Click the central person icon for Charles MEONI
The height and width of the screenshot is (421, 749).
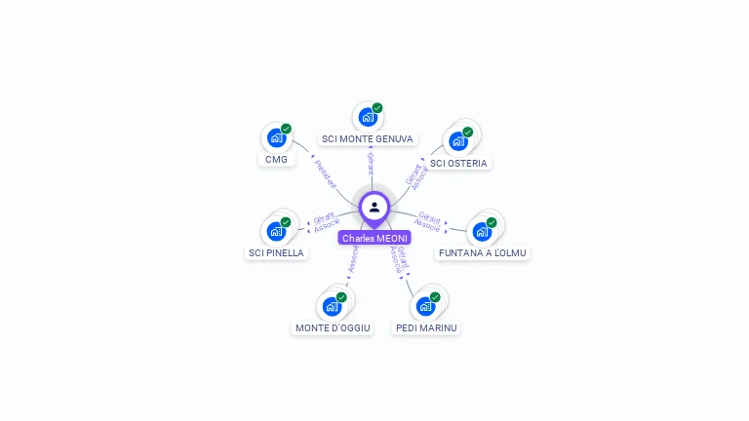point(374,207)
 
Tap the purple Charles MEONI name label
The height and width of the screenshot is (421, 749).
point(374,238)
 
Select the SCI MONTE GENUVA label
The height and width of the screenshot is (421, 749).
point(368,139)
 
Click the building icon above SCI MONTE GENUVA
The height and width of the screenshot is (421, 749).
point(368,117)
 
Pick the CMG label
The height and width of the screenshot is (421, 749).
point(277,159)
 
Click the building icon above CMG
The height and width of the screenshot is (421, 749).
point(277,137)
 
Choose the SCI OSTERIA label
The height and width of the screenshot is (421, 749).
point(458,163)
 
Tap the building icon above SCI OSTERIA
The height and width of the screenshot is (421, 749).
point(458,141)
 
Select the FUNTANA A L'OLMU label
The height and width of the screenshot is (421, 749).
point(483,252)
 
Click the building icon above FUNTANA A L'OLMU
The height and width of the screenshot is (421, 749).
point(482,231)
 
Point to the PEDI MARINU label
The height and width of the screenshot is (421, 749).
point(426,327)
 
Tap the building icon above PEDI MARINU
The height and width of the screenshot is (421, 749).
point(425,306)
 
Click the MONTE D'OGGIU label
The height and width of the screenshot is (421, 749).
point(333,327)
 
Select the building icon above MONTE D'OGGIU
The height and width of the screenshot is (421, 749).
point(332,306)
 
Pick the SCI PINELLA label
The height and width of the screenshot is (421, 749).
point(276,252)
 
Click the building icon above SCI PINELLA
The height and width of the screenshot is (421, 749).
point(276,231)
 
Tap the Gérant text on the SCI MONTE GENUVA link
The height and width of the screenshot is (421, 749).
point(371,163)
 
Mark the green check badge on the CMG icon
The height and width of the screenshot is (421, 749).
point(286,129)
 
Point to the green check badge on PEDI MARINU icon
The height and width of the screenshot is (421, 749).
point(435,297)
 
